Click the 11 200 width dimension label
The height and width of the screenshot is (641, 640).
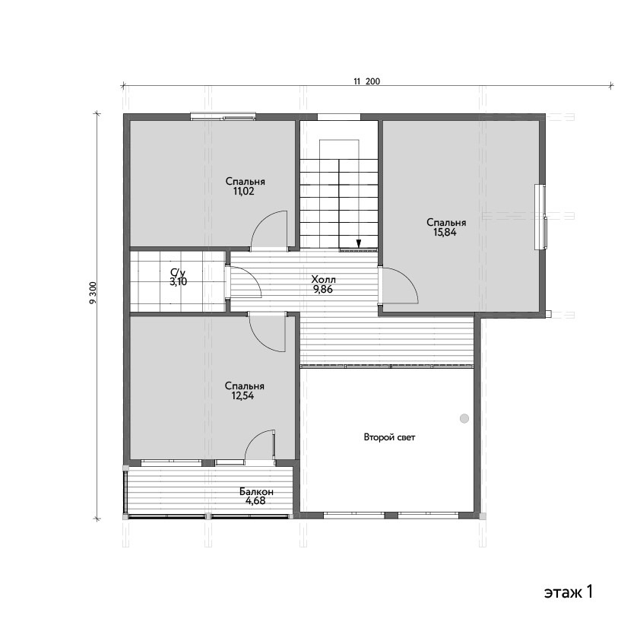pyautogui.click(x=366, y=81)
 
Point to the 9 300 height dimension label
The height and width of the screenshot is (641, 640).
pyautogui.click(x=93, y=292)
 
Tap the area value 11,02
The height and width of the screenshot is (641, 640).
pyautogui.click(x=243, y=192)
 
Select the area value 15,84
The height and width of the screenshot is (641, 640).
pyautogui.click(x=445, y=232)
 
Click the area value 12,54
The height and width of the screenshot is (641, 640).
pyautogui.click(x=242, y=395)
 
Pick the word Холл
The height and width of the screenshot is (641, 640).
pyautogui.click(x=323, y=280)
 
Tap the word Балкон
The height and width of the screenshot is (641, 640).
pyautogui.click(x=256, y=491)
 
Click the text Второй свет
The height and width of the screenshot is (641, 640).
pyautogui.click(x=389, y=437)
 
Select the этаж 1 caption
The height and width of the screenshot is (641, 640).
pyautogui.click(x=569, y=592)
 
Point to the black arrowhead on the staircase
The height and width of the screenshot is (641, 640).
pyautogui.click(x=359, y=243)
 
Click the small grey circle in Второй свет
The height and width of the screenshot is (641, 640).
pyautogui.click(x=464, y=418)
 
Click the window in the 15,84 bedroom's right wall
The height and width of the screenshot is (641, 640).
pyautogui.click(x=541, y=216)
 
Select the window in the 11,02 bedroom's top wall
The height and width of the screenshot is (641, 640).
pyautogui.click(x=223, y=117)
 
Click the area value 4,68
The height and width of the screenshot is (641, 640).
pyautogui.click(x=255, y=500)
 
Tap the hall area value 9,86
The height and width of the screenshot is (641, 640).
pyautogui.click(x=323, y=290)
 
